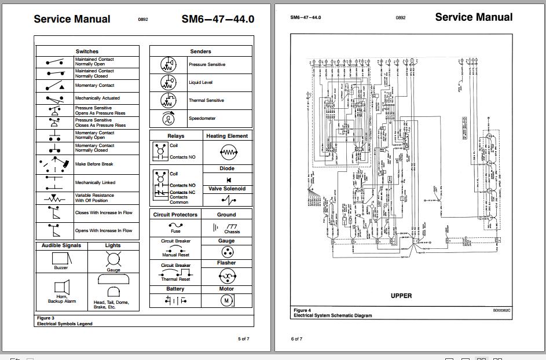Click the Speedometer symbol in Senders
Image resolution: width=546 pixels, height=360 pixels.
169,118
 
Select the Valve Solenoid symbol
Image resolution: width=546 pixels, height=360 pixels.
228,200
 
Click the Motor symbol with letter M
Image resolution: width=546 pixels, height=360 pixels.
226,300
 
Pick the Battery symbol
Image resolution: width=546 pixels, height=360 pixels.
175,300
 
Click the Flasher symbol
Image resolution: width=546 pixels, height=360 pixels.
226,275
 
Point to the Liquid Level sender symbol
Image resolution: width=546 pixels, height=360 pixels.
168,83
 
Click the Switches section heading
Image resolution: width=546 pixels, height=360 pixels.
87,52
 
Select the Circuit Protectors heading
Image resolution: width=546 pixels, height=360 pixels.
175,215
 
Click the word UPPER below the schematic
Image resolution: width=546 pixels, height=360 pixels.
401,296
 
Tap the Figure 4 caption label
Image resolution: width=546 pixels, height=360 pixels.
302,311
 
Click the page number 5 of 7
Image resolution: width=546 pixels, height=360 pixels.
243,339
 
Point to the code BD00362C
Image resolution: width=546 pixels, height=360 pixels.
502,311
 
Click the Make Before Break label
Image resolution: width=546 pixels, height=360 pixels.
94,164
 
